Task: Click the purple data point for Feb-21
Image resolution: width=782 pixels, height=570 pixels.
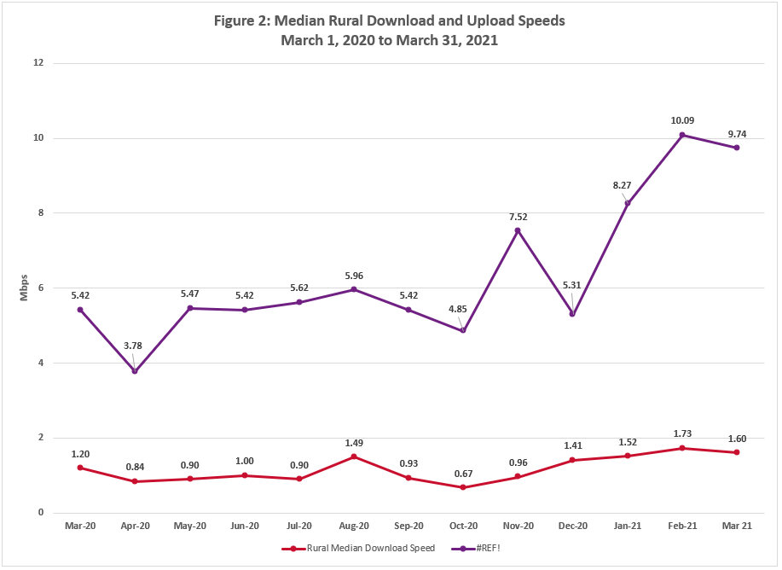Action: point(682,135)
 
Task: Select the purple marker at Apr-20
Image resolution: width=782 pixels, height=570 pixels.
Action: point(135,371)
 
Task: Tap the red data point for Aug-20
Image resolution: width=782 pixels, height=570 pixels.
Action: point(354,457)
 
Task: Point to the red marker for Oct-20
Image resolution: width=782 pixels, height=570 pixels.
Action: point(463,487)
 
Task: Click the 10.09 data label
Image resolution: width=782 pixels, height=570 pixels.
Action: point(682,119)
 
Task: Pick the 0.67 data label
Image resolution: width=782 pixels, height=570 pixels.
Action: point(463,474)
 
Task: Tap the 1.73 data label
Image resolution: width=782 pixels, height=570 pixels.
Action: point(682,434)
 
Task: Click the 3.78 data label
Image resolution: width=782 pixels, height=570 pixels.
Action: point(135,346)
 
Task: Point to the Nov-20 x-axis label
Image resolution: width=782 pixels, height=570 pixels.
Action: point(518,526)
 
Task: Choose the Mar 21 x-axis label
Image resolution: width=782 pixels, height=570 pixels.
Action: point(737,526)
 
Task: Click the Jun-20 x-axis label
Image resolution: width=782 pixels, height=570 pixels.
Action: point(244,526)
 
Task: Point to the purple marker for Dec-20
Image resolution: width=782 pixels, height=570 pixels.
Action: point(572,314)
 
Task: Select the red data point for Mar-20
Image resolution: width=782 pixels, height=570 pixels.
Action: point(80,468)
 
